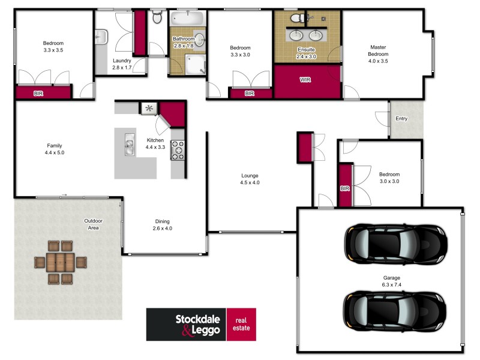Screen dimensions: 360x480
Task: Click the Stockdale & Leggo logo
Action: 201,325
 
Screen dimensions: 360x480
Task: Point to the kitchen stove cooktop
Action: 178,150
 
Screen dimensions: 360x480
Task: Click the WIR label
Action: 305,79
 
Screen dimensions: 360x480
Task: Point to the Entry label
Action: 401,119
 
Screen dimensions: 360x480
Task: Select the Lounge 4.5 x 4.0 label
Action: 250,179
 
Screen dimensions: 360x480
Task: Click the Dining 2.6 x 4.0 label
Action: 162,224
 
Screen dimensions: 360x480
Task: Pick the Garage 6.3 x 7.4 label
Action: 392,281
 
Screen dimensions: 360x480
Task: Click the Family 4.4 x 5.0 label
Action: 54,149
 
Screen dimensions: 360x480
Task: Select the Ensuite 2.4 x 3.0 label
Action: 306,53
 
